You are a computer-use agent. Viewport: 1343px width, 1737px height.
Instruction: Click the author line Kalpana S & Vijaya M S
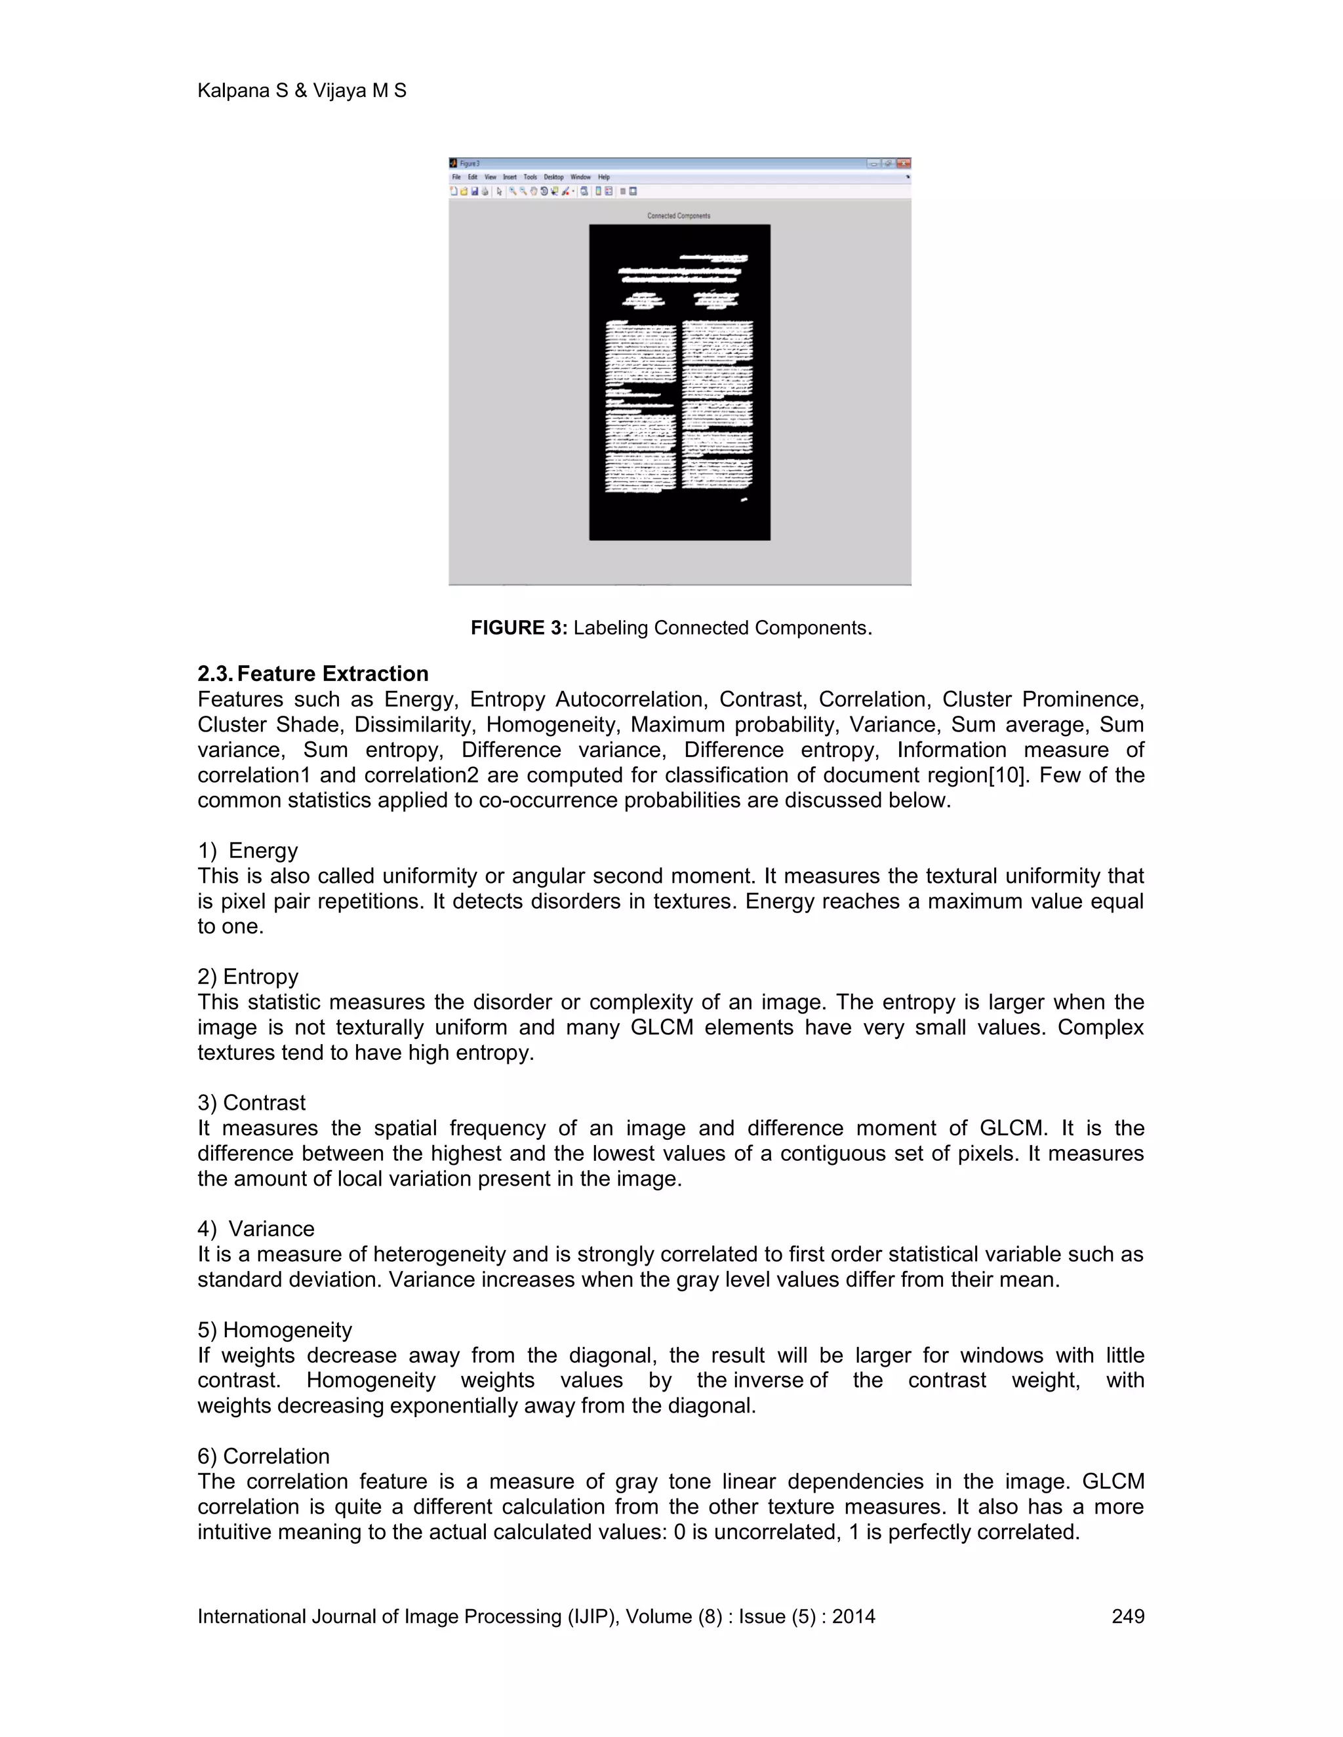pyautogui.click(x=302, y=90)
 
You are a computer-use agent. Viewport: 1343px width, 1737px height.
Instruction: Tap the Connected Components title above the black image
pyautogui.click(x=679, y=216)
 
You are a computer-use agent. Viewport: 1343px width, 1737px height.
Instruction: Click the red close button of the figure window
pyautogui.click(x=903, y=163)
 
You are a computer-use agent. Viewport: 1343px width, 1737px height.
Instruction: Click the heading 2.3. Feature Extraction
pyautogui.click(x=313, y=674)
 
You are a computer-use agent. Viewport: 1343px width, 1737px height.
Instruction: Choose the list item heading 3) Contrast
pyautogui.click(x=251, y=1103)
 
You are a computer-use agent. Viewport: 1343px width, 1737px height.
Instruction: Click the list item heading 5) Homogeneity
pyautogui.click(x=275, y=1330)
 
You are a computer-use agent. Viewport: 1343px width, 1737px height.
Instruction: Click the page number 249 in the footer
pyautogui.click(x=1127, y=1616)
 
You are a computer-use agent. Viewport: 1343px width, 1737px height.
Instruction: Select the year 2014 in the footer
pyautogui.click(x=853, y=1616)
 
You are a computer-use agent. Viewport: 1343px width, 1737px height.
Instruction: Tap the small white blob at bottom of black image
pyautogui.click(x=744, y=499)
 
